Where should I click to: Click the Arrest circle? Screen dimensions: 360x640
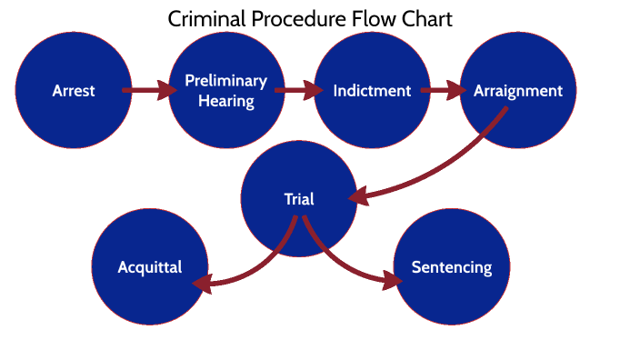point(73,91)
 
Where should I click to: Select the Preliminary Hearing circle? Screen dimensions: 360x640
point(225,91)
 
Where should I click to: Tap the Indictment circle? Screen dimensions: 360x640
point(372,91)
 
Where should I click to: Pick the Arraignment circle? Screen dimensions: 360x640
point(518,91)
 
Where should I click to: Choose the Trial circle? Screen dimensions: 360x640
point(298,199)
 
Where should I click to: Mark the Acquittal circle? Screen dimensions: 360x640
point(150,267)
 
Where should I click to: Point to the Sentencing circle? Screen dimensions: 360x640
point(452,267)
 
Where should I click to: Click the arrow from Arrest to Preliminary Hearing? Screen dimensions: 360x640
point(148,90)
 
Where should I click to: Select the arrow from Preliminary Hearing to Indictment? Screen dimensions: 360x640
point(298,90)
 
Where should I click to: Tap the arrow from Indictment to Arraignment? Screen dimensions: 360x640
point(444,90)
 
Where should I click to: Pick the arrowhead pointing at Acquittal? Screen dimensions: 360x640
point(203,284)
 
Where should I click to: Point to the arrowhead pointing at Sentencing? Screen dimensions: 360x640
point(392,280)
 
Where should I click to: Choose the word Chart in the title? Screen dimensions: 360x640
point(426,19)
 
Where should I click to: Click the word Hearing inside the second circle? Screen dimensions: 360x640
point(226,100)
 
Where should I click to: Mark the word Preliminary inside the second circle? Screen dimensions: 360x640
point(226,81)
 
